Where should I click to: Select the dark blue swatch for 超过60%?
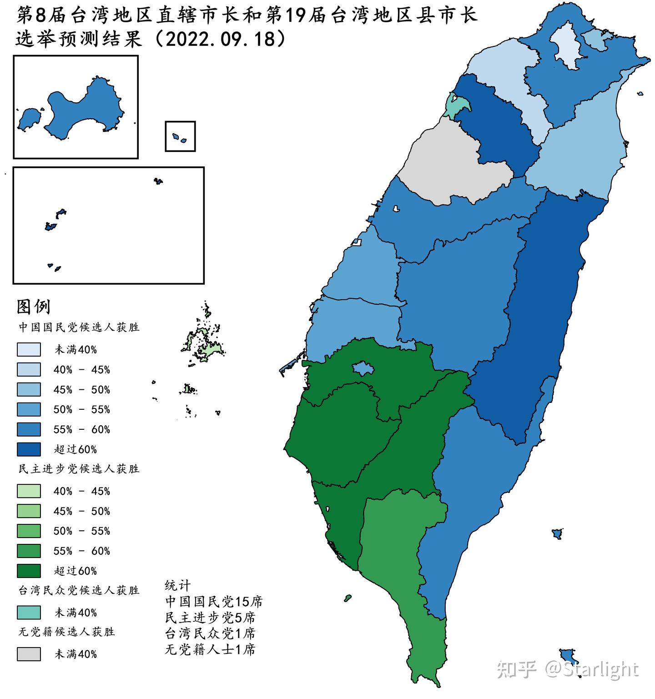[29, 449]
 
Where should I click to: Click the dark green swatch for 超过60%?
[29, 571]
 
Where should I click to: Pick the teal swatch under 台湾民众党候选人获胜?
[29, 612]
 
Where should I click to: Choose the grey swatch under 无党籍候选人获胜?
[29, 654]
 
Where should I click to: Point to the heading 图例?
[33, 307]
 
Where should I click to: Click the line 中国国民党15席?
[214, 602]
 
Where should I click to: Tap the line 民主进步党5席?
[210, 618]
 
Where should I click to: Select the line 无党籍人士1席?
[210, 649]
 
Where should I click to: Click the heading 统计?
[178, 585]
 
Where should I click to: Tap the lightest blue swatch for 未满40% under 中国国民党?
[29, 349]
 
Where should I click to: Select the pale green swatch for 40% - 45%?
[29, 491]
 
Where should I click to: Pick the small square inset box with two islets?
[180, 136]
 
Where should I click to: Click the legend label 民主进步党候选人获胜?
[79, 469]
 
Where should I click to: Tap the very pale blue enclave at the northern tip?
[568, 45]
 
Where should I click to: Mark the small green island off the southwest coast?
[348, 598]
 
